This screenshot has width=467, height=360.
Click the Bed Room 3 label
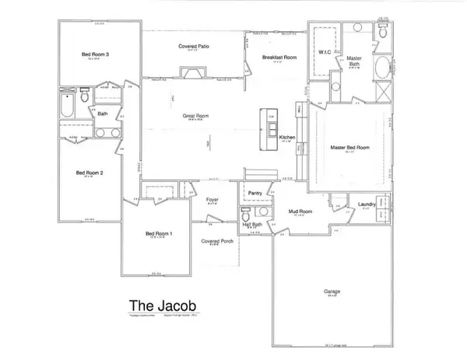[95, 54]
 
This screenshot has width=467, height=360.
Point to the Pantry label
[254, 192]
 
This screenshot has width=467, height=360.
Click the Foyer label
[212, 200]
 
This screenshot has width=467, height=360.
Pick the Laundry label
[367, 204]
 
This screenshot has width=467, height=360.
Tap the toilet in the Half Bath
[245, 214]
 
